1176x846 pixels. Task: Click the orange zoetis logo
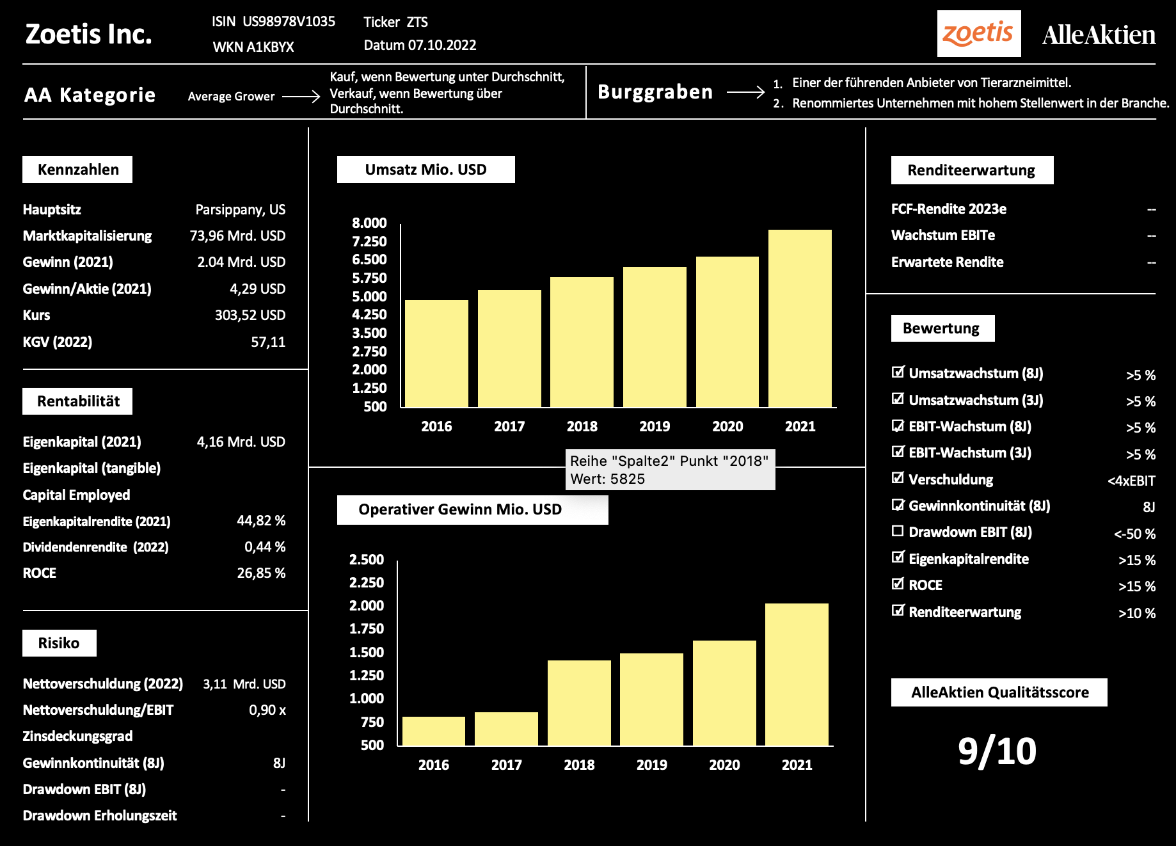978,33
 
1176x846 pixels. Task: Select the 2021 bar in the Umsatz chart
800,318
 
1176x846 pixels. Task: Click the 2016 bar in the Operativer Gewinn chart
434,731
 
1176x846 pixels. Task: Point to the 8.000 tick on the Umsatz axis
369,223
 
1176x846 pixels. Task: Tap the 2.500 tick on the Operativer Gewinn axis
367,559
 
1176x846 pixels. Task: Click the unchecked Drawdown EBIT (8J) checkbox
898,531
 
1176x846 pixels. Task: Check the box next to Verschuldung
898,478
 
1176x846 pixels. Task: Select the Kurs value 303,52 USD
250,315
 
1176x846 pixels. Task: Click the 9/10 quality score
997,751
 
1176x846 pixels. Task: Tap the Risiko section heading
59,643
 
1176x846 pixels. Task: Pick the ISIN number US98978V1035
289,22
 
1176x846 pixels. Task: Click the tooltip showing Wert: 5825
670,470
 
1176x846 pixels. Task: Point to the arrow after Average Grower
301,97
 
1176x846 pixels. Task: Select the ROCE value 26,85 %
261,573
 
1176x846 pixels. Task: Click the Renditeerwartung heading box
971,170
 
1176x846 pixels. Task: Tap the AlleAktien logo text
1099,35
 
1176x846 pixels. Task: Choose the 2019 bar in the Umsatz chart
655,337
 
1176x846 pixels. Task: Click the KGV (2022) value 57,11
268,342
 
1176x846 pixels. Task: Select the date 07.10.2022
442,45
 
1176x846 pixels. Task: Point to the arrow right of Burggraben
745,92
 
